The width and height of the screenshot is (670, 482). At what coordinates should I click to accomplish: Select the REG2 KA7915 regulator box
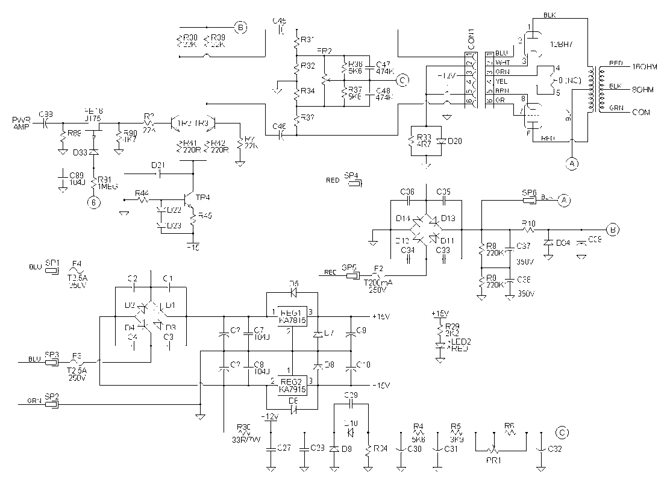pyautogui.click(x=292, y=386)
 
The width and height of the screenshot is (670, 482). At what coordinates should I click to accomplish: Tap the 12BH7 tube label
pyautogui.click(x=561, y=45)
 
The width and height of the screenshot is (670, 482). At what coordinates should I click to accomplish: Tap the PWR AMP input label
pyautogui.click(x=20, y=123)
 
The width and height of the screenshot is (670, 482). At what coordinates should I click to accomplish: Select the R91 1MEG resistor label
pyautogui.click(x=108, y=183)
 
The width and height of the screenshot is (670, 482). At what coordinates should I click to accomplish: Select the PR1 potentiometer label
pyautogui.click(x=494, y=459)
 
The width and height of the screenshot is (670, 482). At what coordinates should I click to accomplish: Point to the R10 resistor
pyautogui.click(x=528, y=230)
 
